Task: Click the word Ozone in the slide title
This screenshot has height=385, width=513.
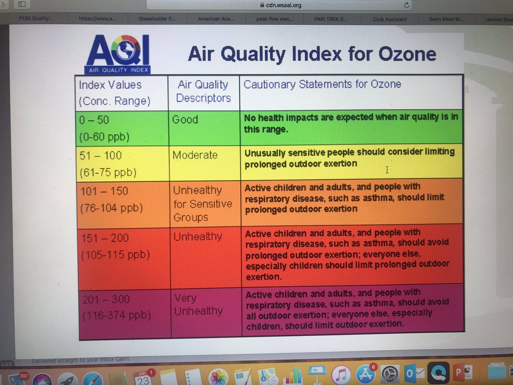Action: click(x=407, y=54)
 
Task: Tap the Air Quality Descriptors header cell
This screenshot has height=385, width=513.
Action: click(x=203, y=91)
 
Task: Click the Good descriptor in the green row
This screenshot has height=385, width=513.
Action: click(x=185, y=120)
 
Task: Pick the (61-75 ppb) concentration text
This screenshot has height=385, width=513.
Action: click(x=108, y=172)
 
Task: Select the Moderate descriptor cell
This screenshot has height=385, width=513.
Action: click(x=195, y=155)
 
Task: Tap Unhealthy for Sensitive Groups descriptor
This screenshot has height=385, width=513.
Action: click(x=203, y=204)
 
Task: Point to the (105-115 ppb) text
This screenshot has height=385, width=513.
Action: click(x=115, y=255)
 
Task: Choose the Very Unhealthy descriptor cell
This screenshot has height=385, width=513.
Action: click(x=198, y=304)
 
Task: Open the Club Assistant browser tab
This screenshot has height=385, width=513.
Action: click(x=389, y=19)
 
